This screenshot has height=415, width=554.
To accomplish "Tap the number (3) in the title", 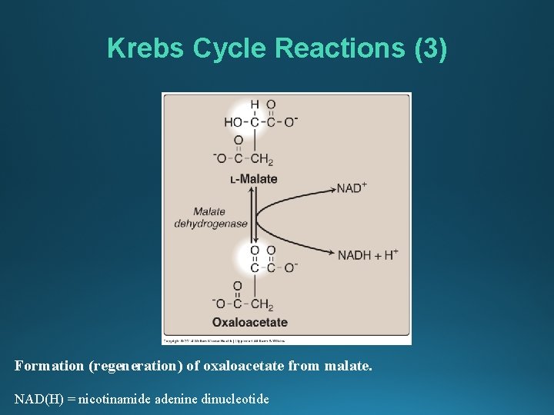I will click(x=429, y=48).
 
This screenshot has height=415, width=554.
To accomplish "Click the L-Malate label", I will click(x=253, y=179).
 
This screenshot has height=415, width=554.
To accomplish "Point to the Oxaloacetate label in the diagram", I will click(x=250, y=323).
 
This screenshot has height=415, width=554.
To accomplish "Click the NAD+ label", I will click(x=352, y=188).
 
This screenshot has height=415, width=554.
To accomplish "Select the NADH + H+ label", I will click(x=367, y=254).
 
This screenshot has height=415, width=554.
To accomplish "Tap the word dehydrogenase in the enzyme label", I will click(x=211, y=224).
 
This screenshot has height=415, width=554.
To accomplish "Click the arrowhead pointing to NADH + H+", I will click(x=332, y=254).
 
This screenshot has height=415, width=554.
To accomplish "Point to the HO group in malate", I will click(x=232, y=121).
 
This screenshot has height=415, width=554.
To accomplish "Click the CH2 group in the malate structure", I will click(x=262, y=159).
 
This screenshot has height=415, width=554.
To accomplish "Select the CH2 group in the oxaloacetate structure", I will click(x=262, y=305).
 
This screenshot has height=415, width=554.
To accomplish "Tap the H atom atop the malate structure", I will click(x=254, y=105).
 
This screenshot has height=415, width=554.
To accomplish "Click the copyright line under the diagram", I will click(x=223, y=339).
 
